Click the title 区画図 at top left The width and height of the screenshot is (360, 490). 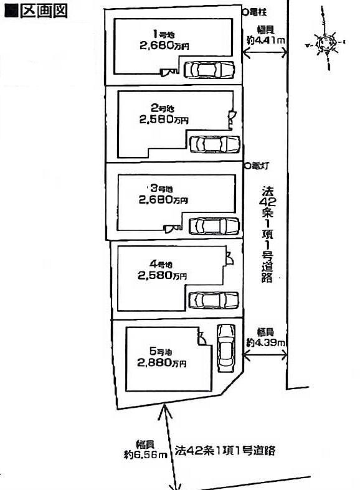coord(36,12)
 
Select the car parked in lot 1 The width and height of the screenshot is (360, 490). coord(209,69)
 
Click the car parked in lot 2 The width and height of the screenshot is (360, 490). coord(214,144)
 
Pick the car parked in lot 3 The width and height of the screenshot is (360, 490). coord(214,225)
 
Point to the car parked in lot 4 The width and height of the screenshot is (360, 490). coord(213,299)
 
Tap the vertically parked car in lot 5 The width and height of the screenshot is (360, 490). coord(224,348)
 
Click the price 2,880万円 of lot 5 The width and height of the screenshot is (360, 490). coord(161,364)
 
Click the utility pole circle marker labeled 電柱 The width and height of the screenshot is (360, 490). coord(245,11)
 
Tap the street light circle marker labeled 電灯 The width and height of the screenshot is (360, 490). coord(248,166)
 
